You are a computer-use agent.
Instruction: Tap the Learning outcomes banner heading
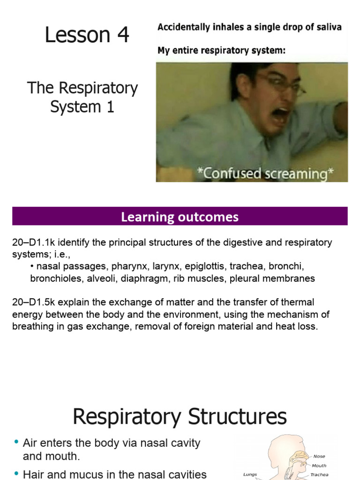point(180,217)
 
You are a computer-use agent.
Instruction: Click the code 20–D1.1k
point(35,242)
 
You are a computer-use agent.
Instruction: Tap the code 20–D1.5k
point(35,302)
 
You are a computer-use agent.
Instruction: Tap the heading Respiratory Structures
point(180,416)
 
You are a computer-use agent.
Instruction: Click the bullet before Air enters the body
point(16,442)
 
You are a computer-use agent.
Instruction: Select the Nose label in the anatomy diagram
point(319,456)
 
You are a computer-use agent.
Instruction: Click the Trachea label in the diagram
point(319,474)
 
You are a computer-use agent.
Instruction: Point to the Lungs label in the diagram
point(250,474)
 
